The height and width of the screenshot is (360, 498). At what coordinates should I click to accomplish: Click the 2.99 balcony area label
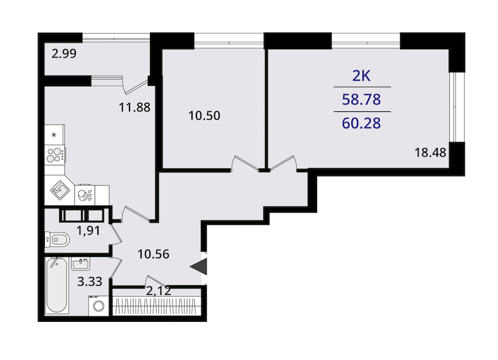tap(64, 53)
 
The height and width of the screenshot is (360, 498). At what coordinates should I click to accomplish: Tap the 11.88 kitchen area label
tap(134, 107)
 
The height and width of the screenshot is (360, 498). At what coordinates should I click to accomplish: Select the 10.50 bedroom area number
tap(204, 115)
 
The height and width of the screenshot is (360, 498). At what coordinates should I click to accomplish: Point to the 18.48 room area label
tap(430, 152)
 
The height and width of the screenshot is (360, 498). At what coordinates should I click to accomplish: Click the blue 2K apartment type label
tap(361, 76)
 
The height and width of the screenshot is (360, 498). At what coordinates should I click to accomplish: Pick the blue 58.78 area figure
tap(361, 100)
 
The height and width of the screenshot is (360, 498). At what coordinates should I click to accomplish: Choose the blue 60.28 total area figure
tap(361, 124)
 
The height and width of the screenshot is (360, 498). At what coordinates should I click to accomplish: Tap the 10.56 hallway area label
tap(153, 254)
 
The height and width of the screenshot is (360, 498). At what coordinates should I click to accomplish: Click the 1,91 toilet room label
tap(89, 230)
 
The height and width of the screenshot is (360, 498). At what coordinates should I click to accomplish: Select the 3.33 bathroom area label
tap(90, 281)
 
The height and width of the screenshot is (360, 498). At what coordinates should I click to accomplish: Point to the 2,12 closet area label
tap(158, 291)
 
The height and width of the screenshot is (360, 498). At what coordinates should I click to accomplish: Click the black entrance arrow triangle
tap(199, 266)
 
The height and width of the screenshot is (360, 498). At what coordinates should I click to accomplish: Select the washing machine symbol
tap(99, 306)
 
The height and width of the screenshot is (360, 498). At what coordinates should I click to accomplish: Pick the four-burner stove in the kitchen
tap(55, 155)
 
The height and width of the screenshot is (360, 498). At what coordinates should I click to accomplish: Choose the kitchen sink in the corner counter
tap(60, 190)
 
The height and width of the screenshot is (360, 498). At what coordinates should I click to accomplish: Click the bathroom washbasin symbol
tap(81, 264)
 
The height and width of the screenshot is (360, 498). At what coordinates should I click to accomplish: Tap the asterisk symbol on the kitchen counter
tap(54, 135)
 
